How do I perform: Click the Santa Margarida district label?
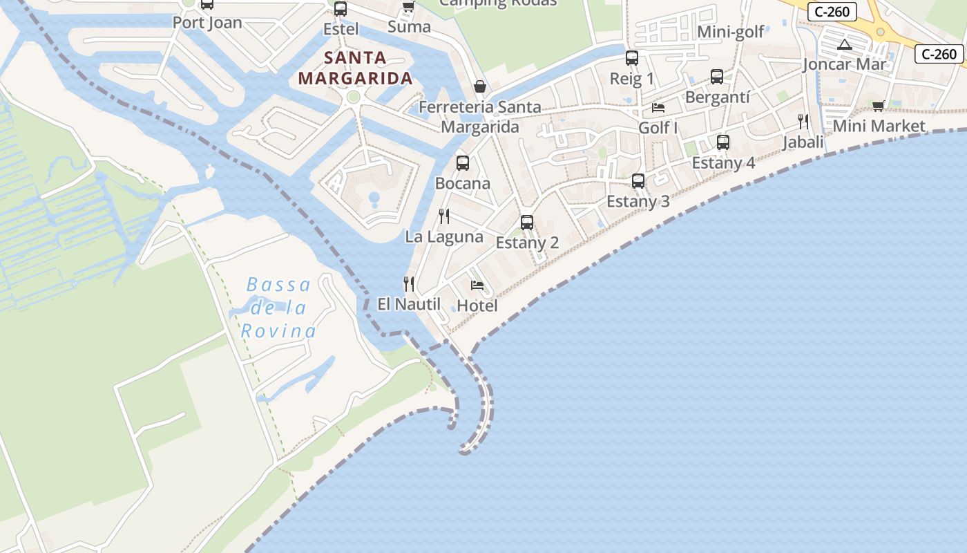point(356,68)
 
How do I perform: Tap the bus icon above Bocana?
point(463,163)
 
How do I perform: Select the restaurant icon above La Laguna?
point(444,216)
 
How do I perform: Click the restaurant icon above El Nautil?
point(409,283)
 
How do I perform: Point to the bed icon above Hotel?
point(477,285)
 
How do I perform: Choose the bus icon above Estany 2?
point(527,223)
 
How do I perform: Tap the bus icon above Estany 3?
point(638,181)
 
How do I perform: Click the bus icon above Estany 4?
point(723,142)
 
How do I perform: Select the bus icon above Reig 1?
point(632,58)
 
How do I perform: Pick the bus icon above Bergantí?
point(717,77)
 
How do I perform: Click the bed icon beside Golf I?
point(658,108)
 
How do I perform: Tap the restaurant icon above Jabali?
point(803,122)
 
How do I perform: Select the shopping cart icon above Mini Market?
point(878,106)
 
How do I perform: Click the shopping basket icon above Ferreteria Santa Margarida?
point(480,86)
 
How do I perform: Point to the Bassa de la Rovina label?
point(278,308)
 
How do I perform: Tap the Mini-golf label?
point(731,32)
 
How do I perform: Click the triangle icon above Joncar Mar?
point(844,45)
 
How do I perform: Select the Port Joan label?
point(207,22)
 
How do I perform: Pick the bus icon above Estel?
point(341,9)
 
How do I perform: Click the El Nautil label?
point(409,303)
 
